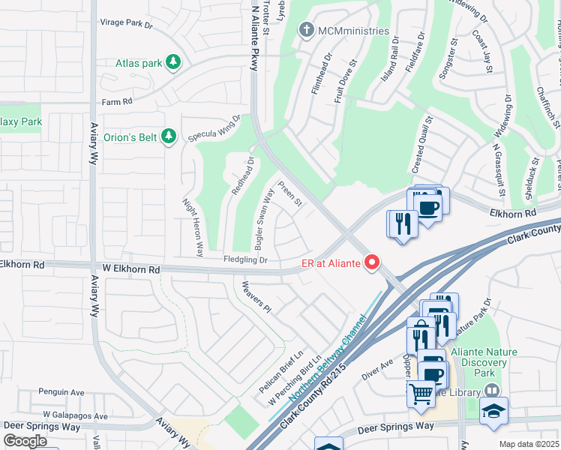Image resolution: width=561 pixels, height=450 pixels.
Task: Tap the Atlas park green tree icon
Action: click(174, 62)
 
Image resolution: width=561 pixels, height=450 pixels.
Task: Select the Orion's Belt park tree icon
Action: click(169, 135)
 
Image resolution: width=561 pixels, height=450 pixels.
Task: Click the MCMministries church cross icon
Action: click(305, 31)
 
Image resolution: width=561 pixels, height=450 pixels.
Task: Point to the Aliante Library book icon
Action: click(491, 391)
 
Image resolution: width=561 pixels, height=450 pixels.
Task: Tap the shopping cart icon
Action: click(421, 391)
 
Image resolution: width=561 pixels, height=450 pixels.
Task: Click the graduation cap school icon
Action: click(494, 411)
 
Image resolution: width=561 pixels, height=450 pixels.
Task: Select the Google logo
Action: click(25, 441)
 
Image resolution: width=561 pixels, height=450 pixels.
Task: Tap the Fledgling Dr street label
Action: click(245, 259)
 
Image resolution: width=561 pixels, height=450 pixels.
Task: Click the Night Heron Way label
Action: click(193, 227)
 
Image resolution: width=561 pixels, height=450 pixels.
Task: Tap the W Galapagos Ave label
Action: click(75, 415)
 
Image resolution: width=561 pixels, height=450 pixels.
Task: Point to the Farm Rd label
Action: click(116, 101)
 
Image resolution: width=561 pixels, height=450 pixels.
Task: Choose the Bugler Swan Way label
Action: click(264, 220)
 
